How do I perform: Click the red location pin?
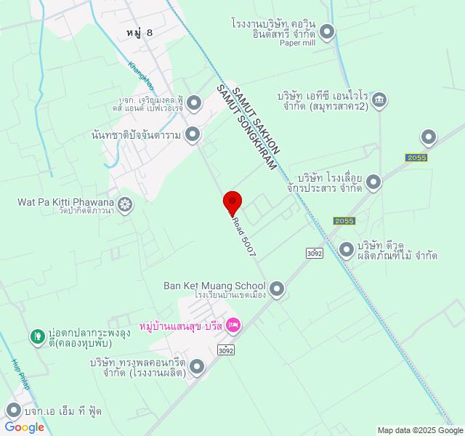[x=232, y=201]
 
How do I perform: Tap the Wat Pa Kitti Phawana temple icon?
[x=126, y=206]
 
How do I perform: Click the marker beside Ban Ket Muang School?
[x=276, y=290]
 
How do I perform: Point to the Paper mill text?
[x=299, y=43]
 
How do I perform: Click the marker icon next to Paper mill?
[x=328, y=31]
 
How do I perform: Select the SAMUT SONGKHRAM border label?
[x=247, y=128]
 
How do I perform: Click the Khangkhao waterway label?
[x=141, y=75]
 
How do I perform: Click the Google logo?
[x=24, y=427]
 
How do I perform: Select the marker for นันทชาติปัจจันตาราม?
[x=193, y=134]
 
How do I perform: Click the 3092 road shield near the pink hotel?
[x=226, y=350]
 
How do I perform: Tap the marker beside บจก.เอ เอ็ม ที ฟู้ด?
[x=12, y=411]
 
